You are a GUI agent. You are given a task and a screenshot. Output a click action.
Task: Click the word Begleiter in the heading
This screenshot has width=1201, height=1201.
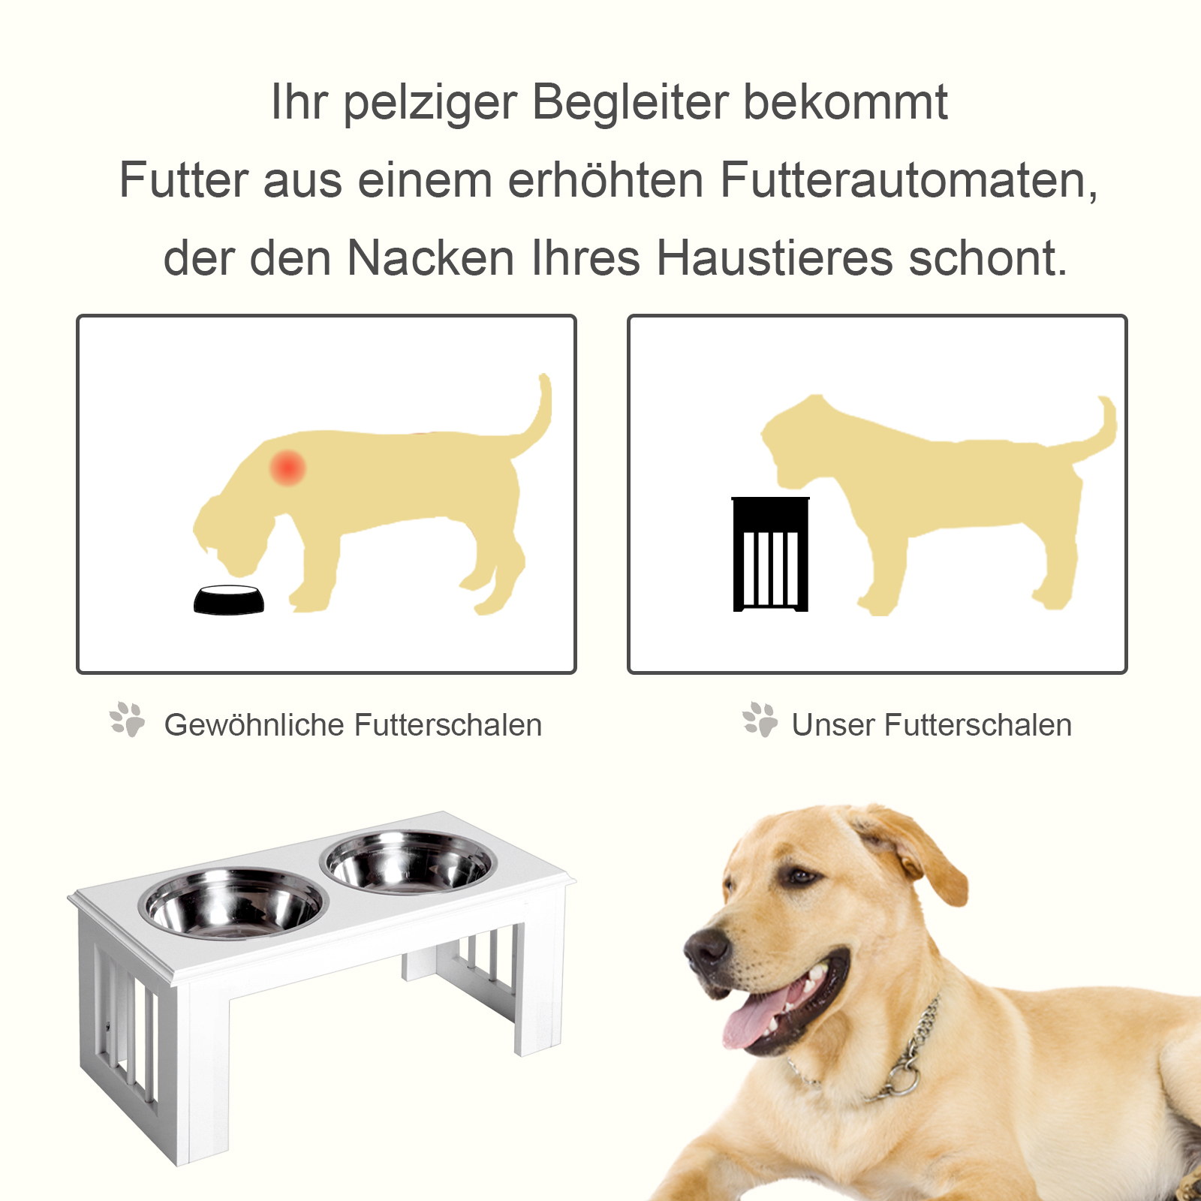click(630, 102)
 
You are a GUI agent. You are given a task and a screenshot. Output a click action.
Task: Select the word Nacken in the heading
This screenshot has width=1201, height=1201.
click(430, 258)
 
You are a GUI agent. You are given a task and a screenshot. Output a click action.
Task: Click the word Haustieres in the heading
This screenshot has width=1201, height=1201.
click(775, 258)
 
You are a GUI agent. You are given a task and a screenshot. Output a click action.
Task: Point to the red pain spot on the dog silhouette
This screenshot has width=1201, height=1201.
click(287, 468)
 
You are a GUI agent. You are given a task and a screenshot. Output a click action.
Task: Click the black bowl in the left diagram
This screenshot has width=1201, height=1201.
click(229, 600)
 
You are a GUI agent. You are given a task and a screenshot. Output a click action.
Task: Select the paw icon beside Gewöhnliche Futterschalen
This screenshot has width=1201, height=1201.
click(128, 721)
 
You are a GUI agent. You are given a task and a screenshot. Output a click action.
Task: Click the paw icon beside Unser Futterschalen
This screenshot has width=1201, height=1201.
click(760, 721)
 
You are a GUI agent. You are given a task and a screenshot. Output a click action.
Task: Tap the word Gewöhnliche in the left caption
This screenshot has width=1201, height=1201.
click(253, 726)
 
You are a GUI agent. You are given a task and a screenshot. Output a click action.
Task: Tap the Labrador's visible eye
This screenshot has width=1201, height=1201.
click(802, 876)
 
